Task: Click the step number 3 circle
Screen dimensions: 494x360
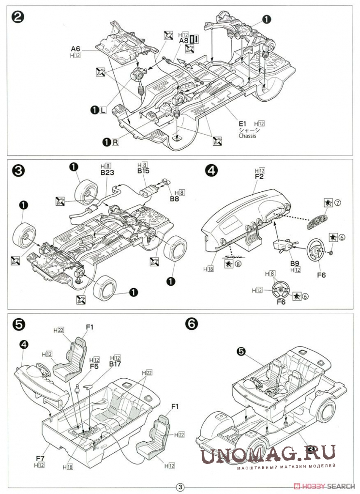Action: pyautogui.click(x=18, y=170)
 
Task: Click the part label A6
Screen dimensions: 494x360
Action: pyautogui.click(x=75, y=48)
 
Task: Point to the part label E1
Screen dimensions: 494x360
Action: pyautogui.click(x=242, y=124)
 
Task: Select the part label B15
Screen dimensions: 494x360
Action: pyautogui.click(x=143, y=171)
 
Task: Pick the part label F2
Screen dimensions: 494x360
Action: pyautogui.click(x=259, y=177)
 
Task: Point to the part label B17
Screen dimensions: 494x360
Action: pyautogui.click(x=115, y=364)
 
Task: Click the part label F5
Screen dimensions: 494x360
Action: pyautogui.click(x=94, y=366)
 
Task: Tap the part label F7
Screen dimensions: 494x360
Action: pyautogui.click(x=40, y=457)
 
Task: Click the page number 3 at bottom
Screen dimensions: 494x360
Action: pyautogui.click(x=180, y=487)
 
